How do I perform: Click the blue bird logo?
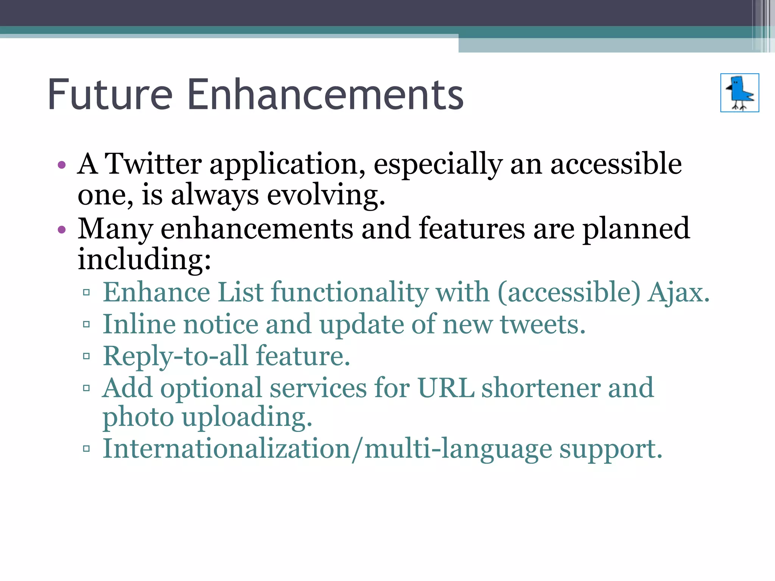(739, 93)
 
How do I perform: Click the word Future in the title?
(110, 95)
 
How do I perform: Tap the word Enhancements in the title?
(325, 95)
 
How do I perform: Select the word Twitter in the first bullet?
(153, 164)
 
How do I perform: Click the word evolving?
(326, 195)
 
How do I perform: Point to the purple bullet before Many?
(62, 230)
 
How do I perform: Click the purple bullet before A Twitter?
(62, 165)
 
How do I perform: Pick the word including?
(144, 260)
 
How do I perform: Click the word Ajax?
(679, 292)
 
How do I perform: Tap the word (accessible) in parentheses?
(569, 292)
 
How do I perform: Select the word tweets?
(543, 325)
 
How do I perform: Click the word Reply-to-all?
(176, 356)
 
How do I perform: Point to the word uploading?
(247, 418)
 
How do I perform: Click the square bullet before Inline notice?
(86, 324)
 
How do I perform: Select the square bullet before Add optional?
(86, 388)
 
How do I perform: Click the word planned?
(636, 229)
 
